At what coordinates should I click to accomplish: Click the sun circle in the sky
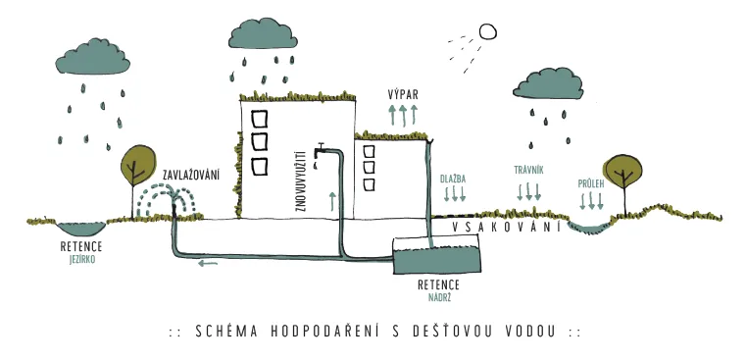[487, 32]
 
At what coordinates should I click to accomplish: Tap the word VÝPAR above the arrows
[403, 95]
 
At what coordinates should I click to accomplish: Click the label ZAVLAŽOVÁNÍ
[191, 176]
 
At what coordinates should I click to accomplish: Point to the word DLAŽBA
[454, 180]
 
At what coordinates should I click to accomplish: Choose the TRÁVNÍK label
[528, 170]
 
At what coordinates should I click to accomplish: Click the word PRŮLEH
[591, 183]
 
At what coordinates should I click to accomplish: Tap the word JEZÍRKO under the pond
[81, 261]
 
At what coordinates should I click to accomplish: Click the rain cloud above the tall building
[263, 33]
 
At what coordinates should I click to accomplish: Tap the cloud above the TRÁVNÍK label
[548, 83]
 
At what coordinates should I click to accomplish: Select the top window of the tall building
[260, 120]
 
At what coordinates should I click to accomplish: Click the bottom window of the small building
[369, 184]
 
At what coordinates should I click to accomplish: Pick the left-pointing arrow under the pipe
[208, 263]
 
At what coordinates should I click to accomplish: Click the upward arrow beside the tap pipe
[332, 201]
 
